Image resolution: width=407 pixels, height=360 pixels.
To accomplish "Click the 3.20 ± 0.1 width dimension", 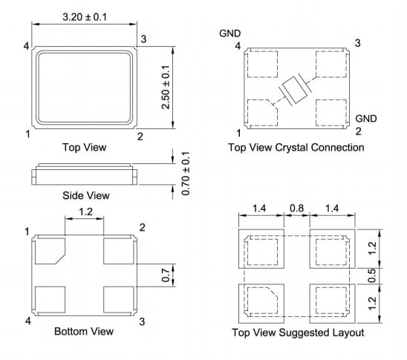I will pyautogui.click(x=83, y=16).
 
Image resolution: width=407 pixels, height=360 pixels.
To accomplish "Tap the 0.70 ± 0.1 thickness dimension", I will pyautogui.click(x=186, y=174).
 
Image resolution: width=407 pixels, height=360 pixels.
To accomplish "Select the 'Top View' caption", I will pyautogui.click(x=84, y=147).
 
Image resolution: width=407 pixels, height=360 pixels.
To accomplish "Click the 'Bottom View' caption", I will pyautogui.click(x=84, y=331).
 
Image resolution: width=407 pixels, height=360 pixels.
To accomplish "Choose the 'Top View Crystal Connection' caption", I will pyautogui.click(x=296, y=148).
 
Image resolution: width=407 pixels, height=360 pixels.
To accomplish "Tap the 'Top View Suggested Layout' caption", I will pyautogui.click(x=297, y=333).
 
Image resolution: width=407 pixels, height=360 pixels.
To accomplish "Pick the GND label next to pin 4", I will pyautogui.click(x=229, y=33).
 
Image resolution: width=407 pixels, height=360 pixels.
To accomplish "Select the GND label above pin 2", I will pyautogui.click(x=365, y=119).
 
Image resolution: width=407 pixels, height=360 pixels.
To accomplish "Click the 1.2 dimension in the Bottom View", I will pyautogui.click(x=84, y=213).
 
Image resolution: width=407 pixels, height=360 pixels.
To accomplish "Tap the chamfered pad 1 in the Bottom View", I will pyautogui.click(x=50, y=251).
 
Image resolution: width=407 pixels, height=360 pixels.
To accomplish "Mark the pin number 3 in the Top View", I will pyautogui.click(x=143, y=39).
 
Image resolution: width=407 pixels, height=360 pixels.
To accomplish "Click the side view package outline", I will pyautogui.click(x=84, y=175).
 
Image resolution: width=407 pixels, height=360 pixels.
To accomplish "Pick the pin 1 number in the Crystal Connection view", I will pyautogui.click(x=238, y=133).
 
